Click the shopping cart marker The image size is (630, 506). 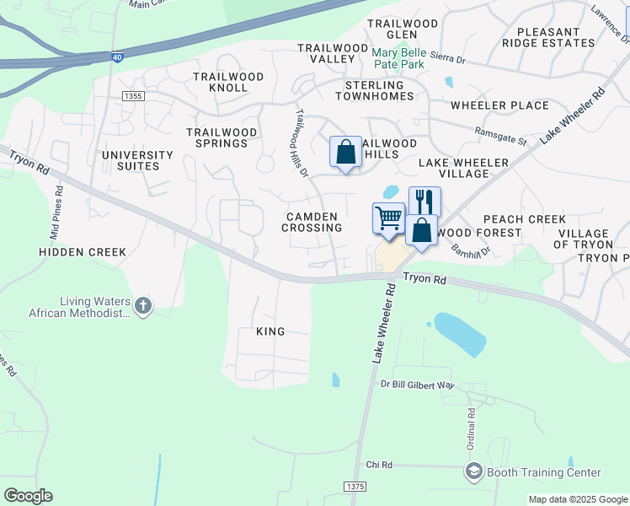pyautogui.click(x=388, y=218)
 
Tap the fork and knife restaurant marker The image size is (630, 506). pyautogui.click(x=424, y=202)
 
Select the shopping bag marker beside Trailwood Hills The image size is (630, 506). pyautogui.click(x=345, y=153)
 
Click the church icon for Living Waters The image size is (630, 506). pyautogui.click(x=143, y=305)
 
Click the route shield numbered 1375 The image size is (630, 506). pyautogui.click(x=355, y=487)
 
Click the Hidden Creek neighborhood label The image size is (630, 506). pyautogui.click(x=83, y=252)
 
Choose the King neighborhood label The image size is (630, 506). pyautogui.click(x=270, y=331)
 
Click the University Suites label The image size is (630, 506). pyautogui.click(x=137, y=160)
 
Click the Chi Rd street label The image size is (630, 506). pyautogui.click(x=379, y=465)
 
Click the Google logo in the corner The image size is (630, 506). pyautogui.click(x=28, y=496)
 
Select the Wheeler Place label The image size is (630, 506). pyautogui.click(x=499, y=105)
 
